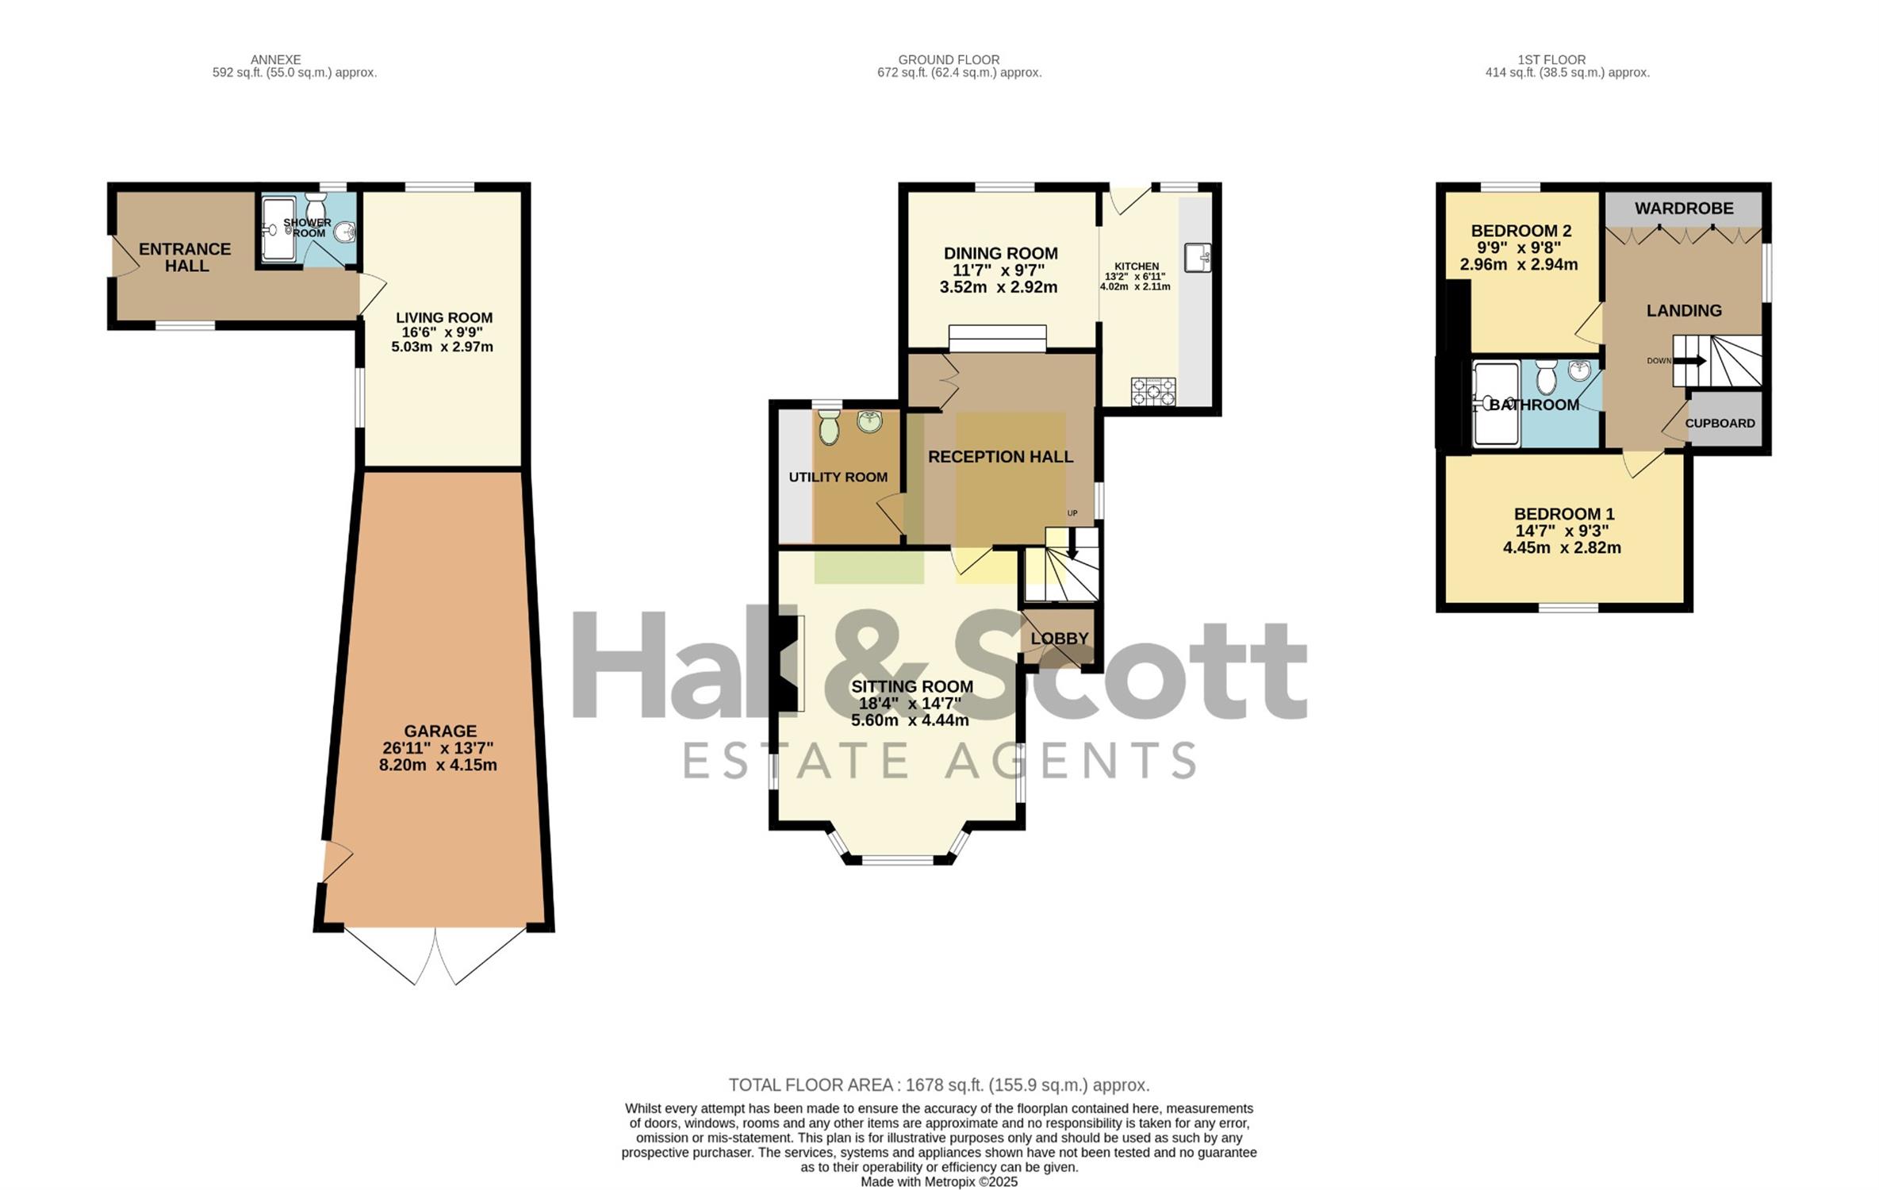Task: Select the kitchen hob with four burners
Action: click(x=1153, y=391)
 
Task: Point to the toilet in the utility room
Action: click(x=829, y=427)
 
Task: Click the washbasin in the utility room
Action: click(x=870, y=421)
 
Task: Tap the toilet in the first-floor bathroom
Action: click(x=1546, y=378)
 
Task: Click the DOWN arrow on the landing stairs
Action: click(x=1689, y=361)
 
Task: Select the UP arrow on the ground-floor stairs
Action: click(x=1072, y=543)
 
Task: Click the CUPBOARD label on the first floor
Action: click(x=1720, y=424)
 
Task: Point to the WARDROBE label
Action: click(x=1684, y=209)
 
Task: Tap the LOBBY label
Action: click(x=1060, y=639)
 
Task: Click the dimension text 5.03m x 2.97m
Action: click(x=442, y=347)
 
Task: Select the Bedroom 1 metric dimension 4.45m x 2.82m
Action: click(x=1562, y=547)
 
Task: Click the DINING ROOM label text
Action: click(x=1000, y=253)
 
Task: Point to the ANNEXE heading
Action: click(x=275, y=59)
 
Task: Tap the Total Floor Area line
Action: click(x=939, y=1084)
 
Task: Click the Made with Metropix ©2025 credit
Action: click(x=939, y=1181)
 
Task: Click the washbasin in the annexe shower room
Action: click(x=345, y=232)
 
